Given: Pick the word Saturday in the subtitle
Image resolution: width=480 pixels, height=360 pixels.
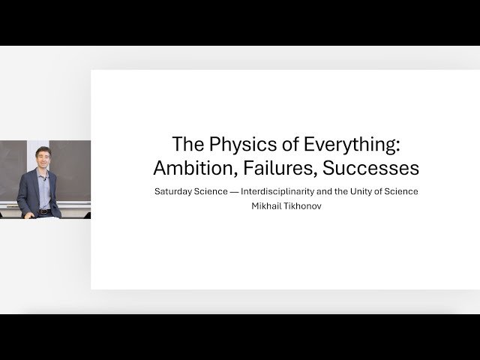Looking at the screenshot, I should pos(173,191).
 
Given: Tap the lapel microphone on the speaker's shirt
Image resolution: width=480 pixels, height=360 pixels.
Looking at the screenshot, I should pos(46,180).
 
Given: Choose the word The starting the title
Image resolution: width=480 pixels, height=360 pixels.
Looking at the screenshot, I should pos(187,142).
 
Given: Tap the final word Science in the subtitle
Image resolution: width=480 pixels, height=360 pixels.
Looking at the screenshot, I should pos(400,191).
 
